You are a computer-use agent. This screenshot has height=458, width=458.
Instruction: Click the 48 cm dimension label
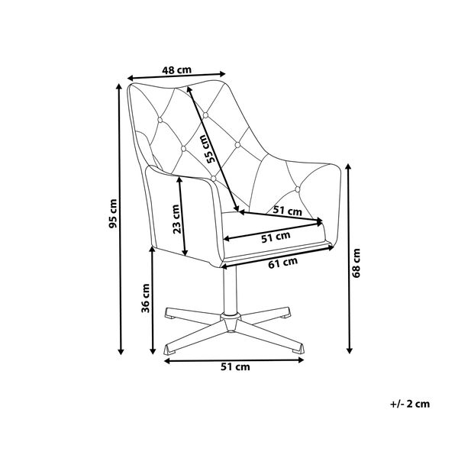177,70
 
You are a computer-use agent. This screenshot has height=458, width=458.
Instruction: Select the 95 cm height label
113,214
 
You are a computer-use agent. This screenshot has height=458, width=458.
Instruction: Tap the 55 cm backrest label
210,149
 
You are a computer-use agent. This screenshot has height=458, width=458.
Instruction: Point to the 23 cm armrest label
176,219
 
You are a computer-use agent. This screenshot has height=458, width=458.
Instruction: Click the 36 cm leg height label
146,298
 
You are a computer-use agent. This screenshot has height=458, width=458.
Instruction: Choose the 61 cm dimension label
282,263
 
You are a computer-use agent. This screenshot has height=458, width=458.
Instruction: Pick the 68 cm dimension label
356,263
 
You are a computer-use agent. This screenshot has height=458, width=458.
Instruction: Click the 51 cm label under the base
235,367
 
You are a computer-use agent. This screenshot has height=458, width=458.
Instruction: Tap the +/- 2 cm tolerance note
410,404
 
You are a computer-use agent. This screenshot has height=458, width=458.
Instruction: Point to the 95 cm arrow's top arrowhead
118,86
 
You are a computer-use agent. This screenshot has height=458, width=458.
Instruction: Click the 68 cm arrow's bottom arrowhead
349,350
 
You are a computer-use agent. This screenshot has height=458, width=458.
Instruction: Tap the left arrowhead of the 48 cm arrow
131,78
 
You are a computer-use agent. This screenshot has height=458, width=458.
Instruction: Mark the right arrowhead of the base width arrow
301,360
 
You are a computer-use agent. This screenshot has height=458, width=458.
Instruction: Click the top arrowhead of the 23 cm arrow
180,181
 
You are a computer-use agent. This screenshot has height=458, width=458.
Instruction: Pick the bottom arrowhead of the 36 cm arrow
152,351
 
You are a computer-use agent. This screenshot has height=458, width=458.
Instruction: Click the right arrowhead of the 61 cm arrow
331,248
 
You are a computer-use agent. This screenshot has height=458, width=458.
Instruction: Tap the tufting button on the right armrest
298,189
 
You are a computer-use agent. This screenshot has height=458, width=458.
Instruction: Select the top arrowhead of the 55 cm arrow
189,89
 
